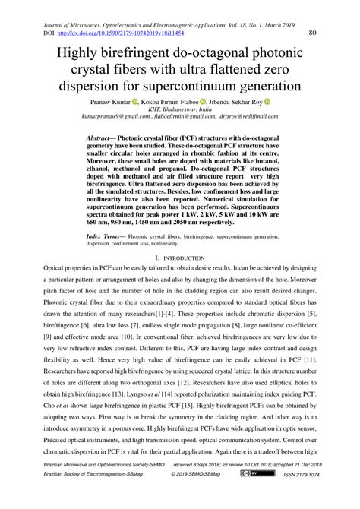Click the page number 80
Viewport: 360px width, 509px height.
pos(312,33)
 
